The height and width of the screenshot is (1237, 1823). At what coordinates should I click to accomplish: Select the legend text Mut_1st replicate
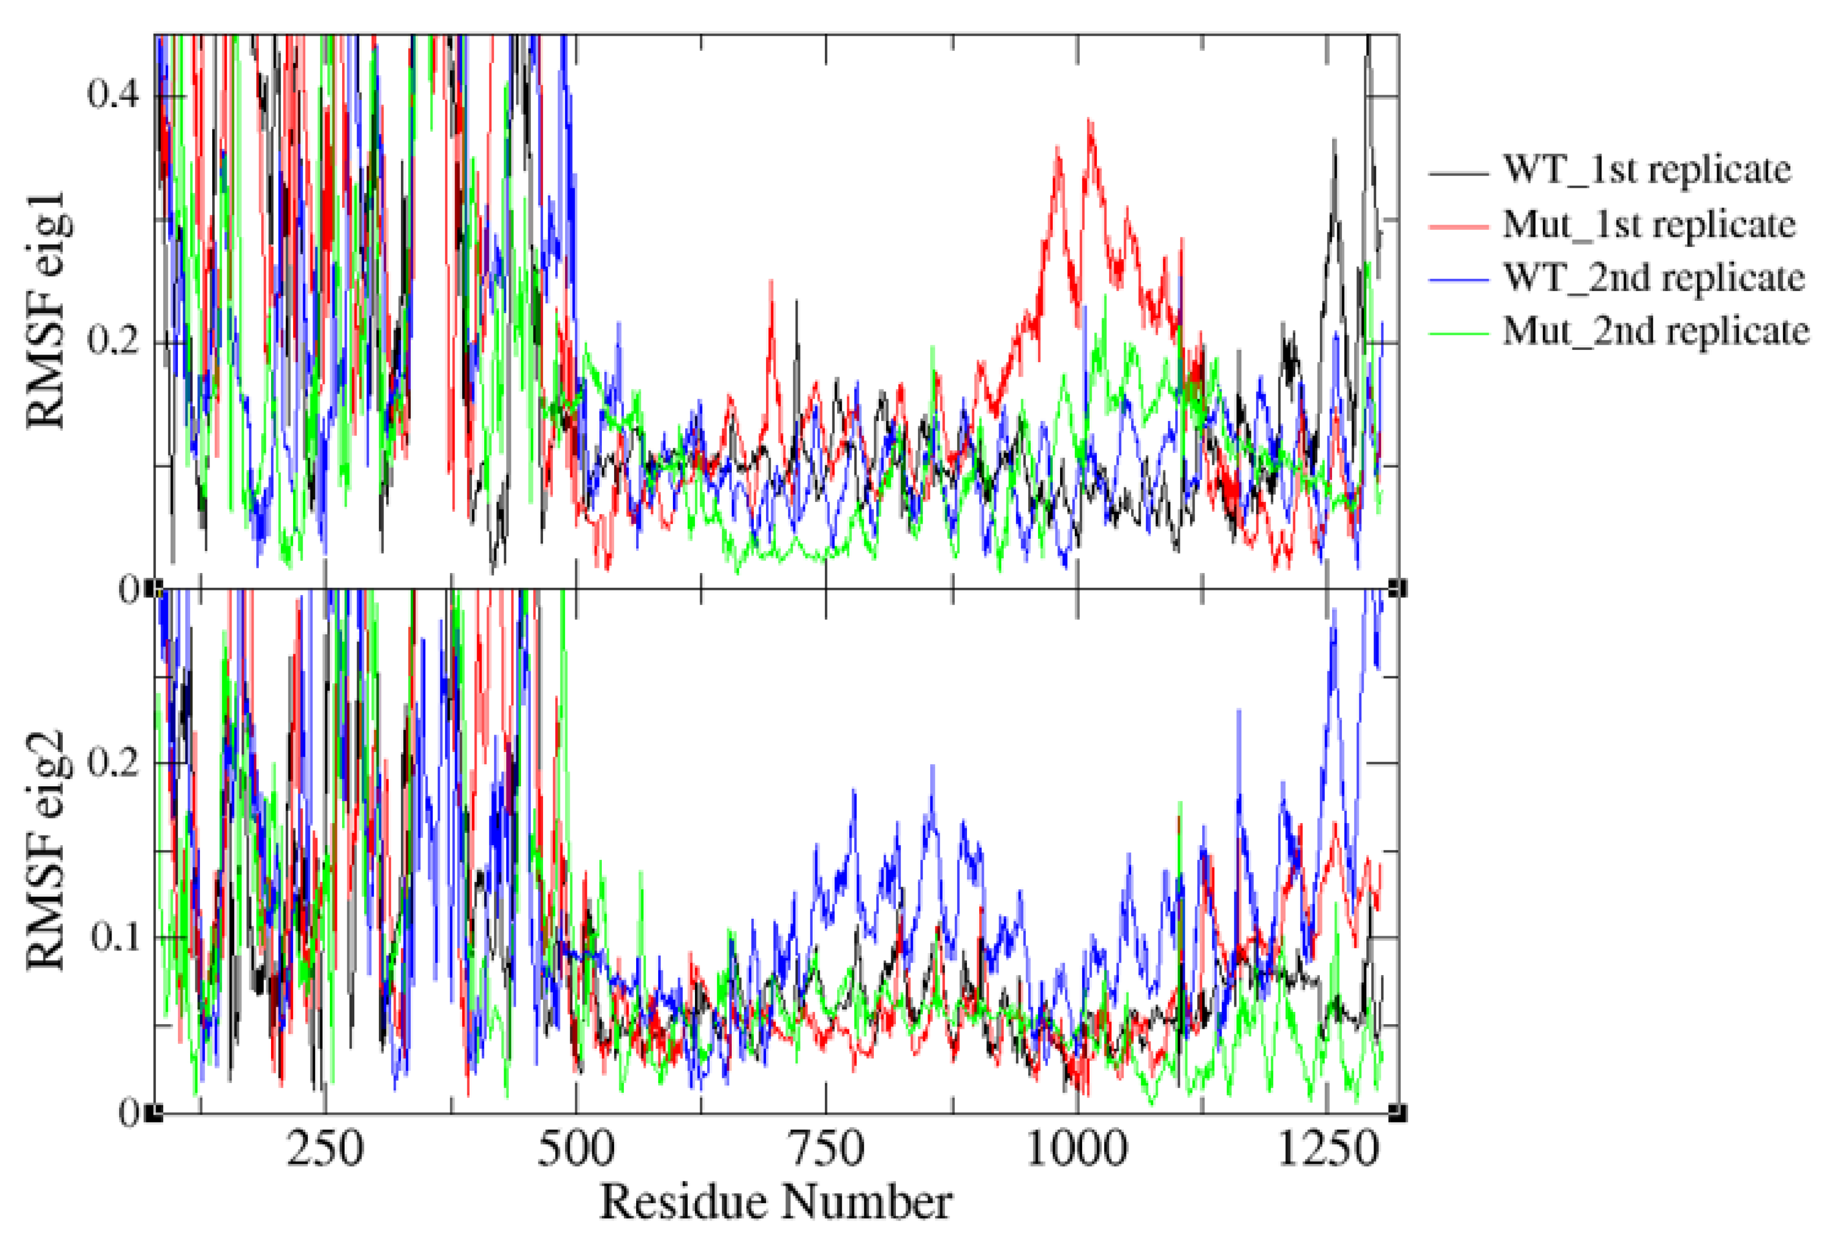coord(1649,225)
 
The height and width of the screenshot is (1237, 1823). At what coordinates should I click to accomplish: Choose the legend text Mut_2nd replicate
coord(1656,330)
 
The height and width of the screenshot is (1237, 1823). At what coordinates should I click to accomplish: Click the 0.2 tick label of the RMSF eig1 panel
coord(112,341)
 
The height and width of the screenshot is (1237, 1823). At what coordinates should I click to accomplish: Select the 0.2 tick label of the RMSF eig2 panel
coord(112,762)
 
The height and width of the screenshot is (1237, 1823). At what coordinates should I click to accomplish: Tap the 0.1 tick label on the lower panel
coord(112,937)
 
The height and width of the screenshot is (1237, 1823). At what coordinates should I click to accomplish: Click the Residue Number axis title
coord(776,1202)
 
